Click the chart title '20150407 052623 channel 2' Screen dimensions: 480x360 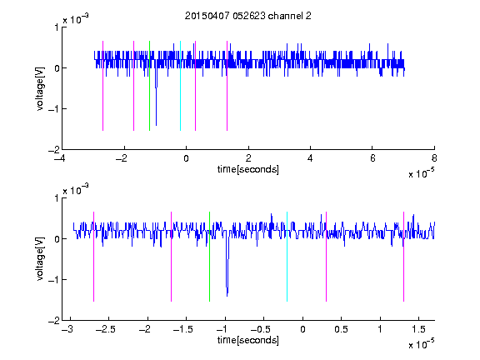248,16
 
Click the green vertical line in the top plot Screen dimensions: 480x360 149,86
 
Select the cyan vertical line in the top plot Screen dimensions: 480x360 180,86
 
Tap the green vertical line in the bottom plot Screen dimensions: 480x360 209,257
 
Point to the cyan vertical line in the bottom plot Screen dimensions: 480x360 287,257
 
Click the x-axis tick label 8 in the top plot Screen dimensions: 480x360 434,158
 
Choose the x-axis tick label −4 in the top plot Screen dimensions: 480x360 60,158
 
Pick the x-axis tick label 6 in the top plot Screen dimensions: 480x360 372,158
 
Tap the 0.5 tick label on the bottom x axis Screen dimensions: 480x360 342,329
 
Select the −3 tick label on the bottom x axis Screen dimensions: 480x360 67,329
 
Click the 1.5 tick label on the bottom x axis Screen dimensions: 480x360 418,329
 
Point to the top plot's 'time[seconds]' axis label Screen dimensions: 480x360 248,169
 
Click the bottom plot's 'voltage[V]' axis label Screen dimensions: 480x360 40,259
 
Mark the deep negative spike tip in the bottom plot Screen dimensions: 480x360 227,296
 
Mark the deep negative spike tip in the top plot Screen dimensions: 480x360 156,126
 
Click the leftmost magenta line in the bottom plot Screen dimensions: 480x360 93,257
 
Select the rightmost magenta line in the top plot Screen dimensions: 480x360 227,86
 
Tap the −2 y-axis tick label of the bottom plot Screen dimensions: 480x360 53,321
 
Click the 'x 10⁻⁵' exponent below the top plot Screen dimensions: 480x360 421,173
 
